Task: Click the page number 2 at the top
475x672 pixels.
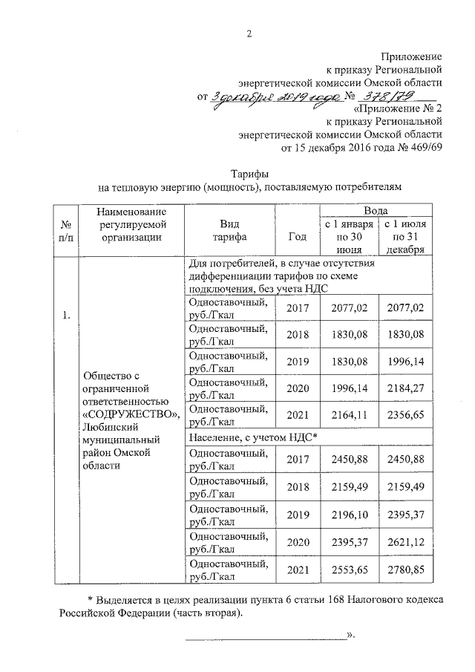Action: point(250,33)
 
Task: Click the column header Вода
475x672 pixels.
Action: point(374,210)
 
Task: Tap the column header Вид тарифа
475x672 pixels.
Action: point(229,229)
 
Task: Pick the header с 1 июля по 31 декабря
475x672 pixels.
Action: point(405,237)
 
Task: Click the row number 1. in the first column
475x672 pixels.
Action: point(68,316)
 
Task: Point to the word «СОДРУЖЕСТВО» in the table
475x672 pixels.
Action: point(131,413)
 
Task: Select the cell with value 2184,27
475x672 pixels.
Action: point(405,385)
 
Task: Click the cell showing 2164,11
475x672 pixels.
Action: point(347,414)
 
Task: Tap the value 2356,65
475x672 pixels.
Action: point(405,414)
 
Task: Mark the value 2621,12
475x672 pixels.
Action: point(405,543)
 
